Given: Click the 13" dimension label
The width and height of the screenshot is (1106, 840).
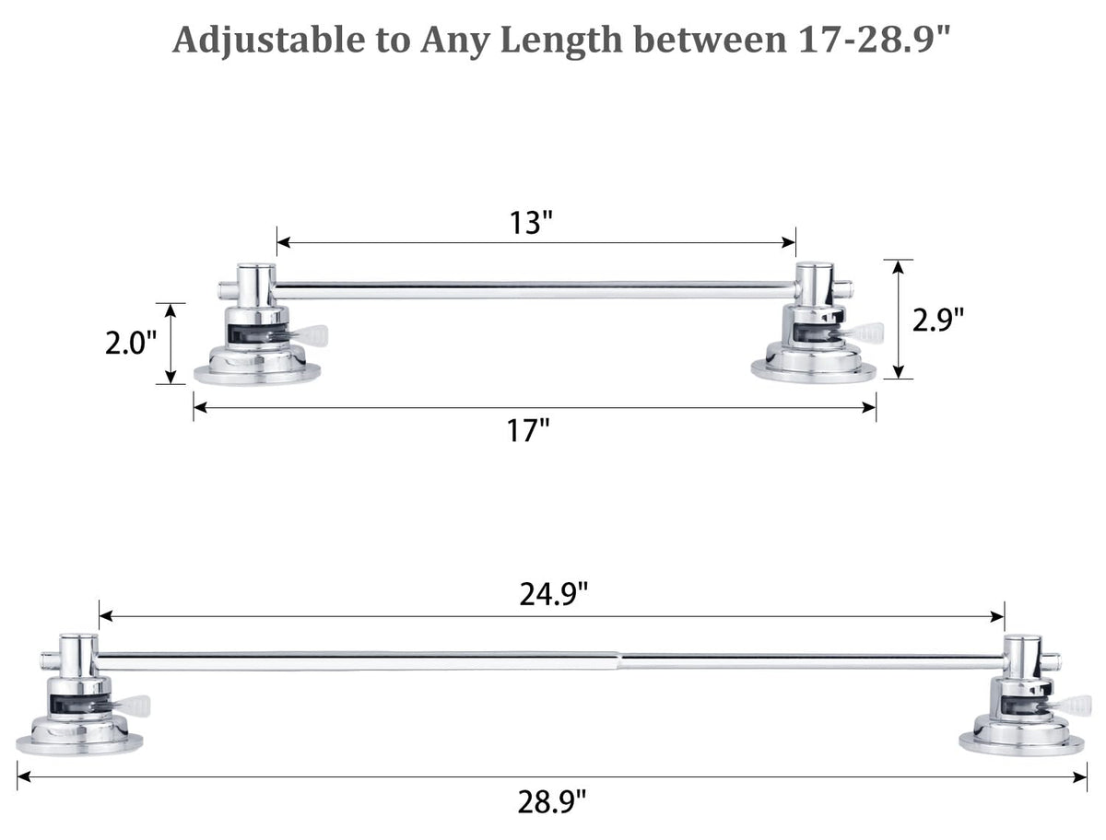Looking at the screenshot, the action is coord(531,223).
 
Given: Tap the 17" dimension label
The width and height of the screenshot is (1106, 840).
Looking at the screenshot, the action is coord(527,430).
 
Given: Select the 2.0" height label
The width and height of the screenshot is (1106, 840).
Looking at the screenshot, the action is coord(131,344).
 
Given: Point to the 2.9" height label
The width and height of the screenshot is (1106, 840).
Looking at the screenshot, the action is coord(938,320).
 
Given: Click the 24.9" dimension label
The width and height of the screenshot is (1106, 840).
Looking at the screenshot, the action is coord(554,594).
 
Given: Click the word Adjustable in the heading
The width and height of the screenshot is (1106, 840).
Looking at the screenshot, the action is coord(268,41).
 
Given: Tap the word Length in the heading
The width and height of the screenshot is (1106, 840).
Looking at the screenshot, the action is coord(561,41).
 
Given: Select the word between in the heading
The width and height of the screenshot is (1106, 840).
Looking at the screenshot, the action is coord(714,40).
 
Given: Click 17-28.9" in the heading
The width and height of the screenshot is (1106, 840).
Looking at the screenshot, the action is coord(875,40).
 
